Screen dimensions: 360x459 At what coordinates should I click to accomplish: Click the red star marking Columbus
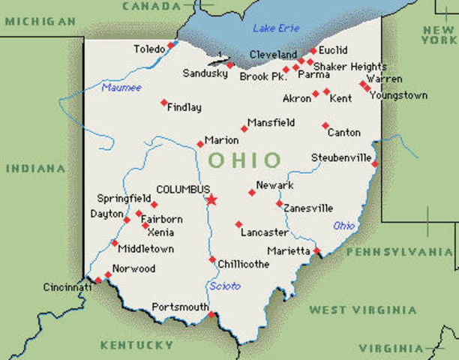coord(211,199)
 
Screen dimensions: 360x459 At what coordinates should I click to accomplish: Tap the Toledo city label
coord(148,49)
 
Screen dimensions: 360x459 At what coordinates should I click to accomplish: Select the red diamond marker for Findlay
coord(163,103)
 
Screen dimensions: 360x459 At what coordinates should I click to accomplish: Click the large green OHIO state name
coord(244,160)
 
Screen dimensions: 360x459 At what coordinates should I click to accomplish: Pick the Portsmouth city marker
coord(211,314)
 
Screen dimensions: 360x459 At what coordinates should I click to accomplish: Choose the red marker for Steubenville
coord(375,163)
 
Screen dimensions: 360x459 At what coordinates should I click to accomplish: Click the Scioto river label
coord(225,286)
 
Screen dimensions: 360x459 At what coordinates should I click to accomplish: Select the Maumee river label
coord(121,88)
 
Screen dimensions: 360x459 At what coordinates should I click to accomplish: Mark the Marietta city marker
coord(317,250)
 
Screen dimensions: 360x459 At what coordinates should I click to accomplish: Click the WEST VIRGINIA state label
coord(363,310)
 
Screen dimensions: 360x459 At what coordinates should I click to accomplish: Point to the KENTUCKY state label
coord(136,345)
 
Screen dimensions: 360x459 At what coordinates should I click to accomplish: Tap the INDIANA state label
coord(36,168)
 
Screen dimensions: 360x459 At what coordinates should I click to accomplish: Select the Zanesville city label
coord(308,208)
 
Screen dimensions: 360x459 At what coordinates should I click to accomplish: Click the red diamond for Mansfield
coord(244,129)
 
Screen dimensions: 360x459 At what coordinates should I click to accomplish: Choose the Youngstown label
coord(397,95)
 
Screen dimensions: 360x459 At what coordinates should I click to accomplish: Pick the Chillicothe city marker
coord(212,259)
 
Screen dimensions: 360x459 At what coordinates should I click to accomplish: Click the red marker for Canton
coord(325,125)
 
